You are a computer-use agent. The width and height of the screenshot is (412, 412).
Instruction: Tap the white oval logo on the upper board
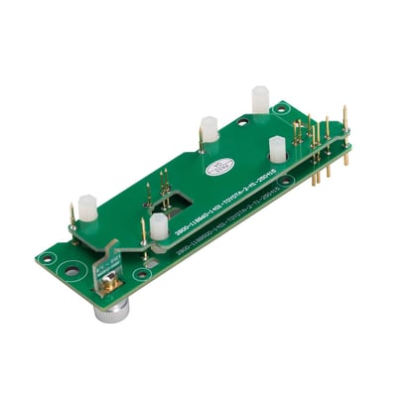coord(218,169)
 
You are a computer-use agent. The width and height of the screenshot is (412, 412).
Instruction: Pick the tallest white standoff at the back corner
coord(260,99)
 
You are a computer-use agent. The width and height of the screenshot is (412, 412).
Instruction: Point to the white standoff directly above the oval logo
coord(209,129)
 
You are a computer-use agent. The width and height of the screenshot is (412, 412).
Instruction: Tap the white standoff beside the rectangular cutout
coord(159,226)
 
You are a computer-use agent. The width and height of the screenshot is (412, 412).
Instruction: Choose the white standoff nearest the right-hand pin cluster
coord(278,149)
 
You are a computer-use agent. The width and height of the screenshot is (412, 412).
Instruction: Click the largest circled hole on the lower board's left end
coord(72,267)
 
